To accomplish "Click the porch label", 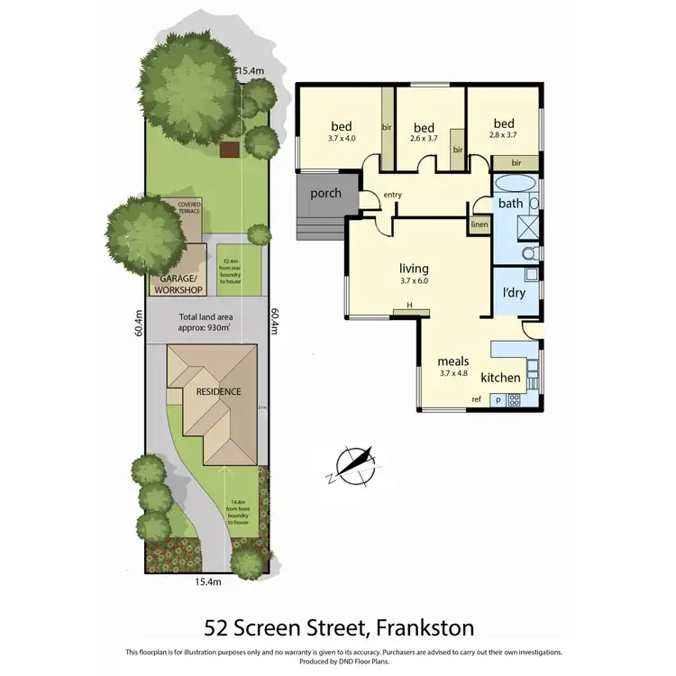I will [324, 194].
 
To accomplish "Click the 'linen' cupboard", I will [480, 224].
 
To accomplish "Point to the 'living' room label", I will [414, 268].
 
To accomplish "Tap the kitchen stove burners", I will [514, 398].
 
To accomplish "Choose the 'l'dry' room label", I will [514, 293].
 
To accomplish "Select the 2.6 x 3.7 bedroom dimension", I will [424, 139].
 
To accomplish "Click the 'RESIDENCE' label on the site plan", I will [213, 392].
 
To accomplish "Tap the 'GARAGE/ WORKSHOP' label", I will [178, 284].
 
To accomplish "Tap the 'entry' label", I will [393, 195].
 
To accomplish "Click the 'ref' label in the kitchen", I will [477, 399].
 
